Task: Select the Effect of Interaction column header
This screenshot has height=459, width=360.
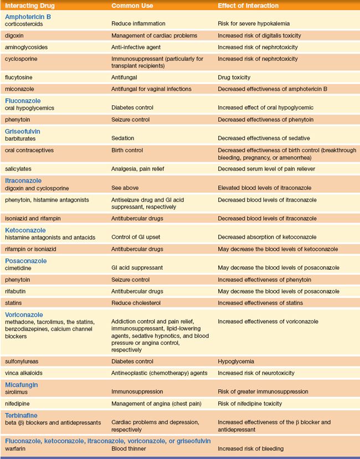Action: coord(248,6)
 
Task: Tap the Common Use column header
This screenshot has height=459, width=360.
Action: coord(133,6)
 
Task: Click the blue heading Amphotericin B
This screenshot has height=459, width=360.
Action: coord(28,17)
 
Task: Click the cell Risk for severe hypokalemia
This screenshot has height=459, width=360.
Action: coord(253,24)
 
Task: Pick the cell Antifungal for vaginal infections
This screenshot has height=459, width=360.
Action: coord(151,89)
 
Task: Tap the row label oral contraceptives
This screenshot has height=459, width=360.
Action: coord(28,150)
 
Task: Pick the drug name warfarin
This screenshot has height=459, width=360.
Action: coord(16,448)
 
